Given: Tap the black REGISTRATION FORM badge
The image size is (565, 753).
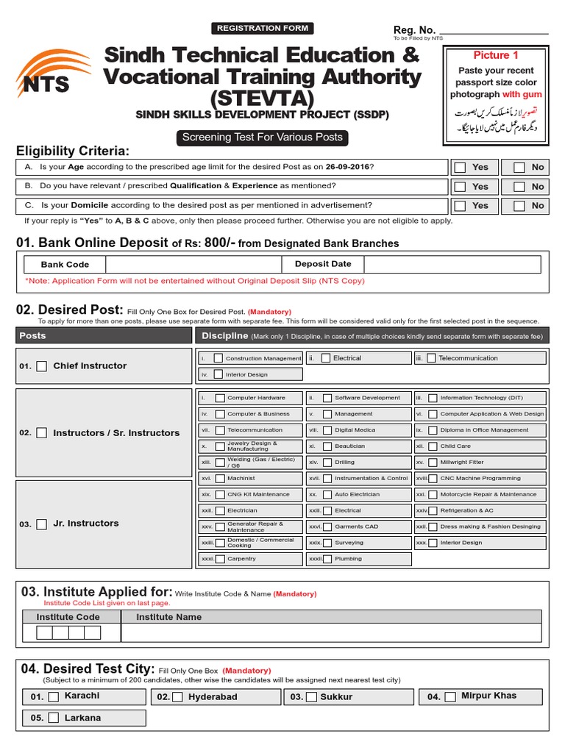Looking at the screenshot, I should [263, 29].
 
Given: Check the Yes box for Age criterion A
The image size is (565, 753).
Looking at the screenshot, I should [461, 168].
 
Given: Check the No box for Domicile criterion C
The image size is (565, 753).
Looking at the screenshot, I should [519, 206].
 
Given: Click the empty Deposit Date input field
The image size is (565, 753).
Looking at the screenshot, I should [452, 265].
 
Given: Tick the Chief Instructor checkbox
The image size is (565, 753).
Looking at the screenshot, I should [42, 366].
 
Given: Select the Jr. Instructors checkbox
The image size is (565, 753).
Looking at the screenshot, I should [42, 524].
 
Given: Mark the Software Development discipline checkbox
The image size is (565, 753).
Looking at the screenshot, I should [327, 398].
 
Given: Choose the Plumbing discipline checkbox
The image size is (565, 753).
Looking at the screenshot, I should [327, 559].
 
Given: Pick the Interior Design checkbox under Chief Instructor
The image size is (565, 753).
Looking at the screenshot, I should [218, 374].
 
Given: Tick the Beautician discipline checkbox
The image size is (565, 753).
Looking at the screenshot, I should [327, 446].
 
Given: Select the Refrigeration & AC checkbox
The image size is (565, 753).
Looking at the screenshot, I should [433, 510].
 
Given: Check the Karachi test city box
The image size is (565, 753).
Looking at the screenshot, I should [54, 697].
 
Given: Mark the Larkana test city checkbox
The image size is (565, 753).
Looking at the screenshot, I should [54, 718].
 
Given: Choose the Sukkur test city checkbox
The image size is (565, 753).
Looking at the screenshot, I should [312, 697].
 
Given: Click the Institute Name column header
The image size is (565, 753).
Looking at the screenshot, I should [168, 617].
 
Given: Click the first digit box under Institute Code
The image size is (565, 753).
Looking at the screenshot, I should [44, 633].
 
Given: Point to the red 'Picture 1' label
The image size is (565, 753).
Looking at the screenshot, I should [495, 55].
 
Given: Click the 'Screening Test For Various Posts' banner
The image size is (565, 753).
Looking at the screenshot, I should [262, 138].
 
